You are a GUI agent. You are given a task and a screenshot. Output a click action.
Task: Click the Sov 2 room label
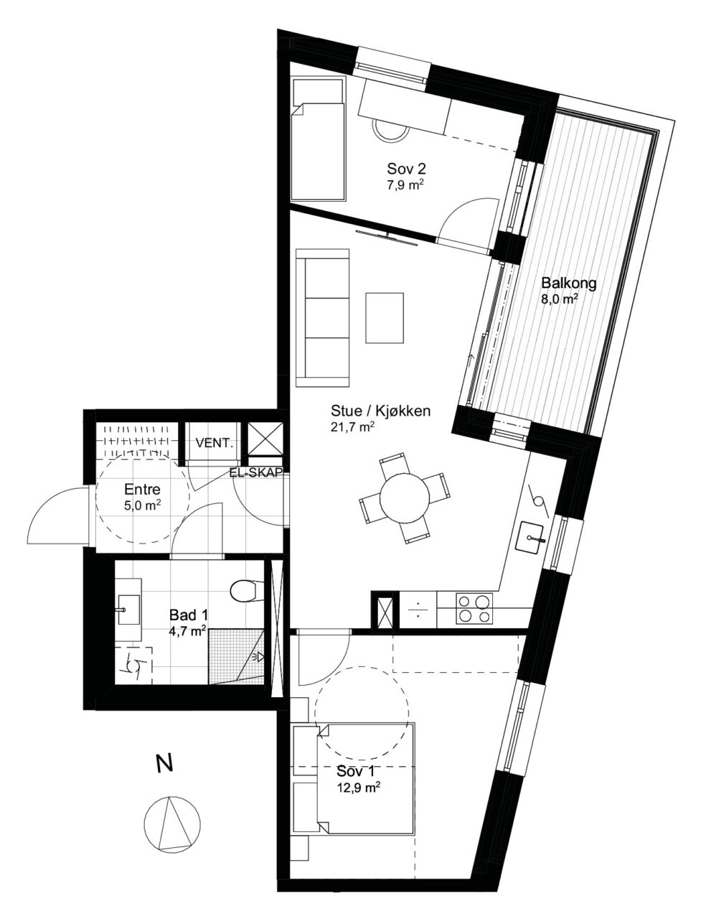click(x=406, y=169)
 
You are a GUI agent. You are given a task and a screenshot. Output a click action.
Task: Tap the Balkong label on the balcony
click(x=569, y=283)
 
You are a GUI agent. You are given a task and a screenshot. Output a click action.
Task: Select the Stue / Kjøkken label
click(x=380, y=411)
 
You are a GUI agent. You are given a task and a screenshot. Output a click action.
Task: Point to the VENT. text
click(x=215, y=444)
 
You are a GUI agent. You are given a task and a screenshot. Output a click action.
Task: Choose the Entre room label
click(x=142, y=490)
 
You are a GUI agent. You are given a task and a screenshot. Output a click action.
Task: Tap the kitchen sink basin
click(x=529, y=537)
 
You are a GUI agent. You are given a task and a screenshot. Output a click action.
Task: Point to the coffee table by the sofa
click(x=385, y=317)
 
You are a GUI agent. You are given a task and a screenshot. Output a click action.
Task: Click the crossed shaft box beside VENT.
click(x=265, y=438)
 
